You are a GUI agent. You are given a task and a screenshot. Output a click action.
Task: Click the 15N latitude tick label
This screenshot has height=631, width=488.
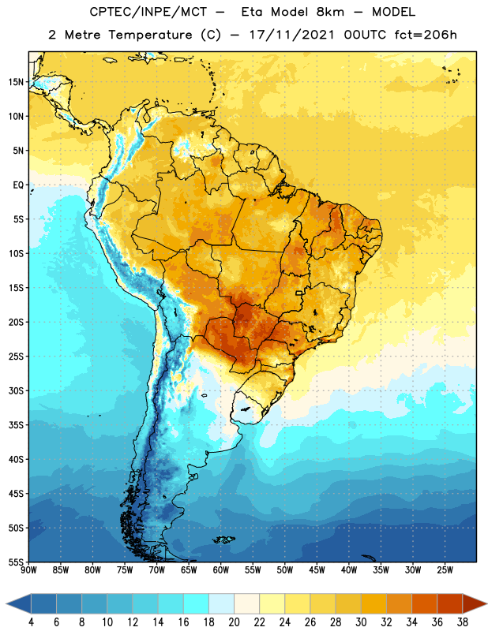pos(16,82)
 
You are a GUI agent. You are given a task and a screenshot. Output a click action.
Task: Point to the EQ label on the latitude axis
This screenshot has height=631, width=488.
pos(18,185)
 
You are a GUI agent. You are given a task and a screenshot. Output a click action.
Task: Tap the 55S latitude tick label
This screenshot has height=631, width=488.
pos(16,562)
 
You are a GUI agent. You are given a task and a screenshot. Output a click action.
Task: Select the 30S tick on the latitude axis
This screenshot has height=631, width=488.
pos(16,390)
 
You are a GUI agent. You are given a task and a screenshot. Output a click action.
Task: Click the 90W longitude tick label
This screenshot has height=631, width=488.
pos(28,570)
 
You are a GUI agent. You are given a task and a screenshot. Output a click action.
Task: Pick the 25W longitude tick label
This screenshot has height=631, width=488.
pos(445,570)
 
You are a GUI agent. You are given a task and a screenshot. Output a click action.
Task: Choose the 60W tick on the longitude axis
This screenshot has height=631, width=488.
pos(221,570)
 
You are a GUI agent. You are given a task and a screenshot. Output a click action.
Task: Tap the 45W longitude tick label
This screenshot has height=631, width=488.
pos(317,570)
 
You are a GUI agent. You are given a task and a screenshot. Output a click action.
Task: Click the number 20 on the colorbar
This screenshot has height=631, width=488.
pos(234,622)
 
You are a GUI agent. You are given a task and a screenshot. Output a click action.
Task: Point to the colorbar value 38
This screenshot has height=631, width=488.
pos(463,622)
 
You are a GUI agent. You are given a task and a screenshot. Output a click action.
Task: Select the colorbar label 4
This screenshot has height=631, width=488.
pos(31,622)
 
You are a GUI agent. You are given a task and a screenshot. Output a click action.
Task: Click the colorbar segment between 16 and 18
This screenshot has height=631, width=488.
pos(197,603)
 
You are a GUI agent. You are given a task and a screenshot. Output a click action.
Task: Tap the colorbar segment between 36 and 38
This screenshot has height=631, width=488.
pos(450,603)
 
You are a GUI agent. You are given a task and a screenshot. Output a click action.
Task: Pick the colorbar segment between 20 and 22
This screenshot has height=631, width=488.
pos(247,603)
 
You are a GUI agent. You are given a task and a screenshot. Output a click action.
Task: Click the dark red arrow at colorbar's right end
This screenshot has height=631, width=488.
pos(475,603)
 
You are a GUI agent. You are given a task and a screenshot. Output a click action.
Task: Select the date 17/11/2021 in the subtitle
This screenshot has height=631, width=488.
pos(291,35)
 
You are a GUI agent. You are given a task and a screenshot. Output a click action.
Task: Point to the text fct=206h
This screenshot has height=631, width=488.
pos(426,35)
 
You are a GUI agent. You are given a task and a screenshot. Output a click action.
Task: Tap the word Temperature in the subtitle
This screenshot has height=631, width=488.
pos(150,35)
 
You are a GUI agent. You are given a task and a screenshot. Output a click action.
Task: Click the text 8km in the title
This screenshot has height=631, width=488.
pos(330,12)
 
